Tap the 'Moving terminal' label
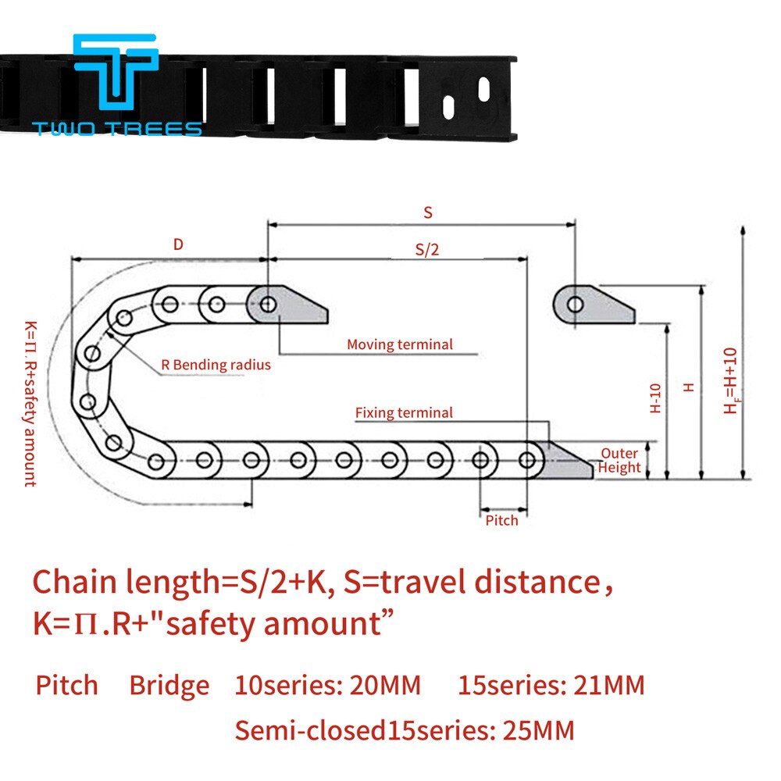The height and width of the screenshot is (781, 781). click(x=399, y=344)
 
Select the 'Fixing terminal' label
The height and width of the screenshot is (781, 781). click(x=403, y=413)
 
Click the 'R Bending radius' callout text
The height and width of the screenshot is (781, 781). click(x=216, y=365)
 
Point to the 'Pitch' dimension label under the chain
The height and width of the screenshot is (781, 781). click(x=501, y=520)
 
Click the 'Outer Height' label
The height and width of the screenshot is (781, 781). click(x=620, y=461)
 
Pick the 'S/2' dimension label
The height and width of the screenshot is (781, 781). click(x=427, y=250)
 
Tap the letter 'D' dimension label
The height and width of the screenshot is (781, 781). click(x=178, y=244)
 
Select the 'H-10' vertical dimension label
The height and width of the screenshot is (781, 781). click(x=655, y=398)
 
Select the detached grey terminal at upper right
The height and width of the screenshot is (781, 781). click(x=594, y=306)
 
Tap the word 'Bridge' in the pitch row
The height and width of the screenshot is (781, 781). click(x=169, y=686)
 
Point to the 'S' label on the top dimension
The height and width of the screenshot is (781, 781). click(x=427, y=212)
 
